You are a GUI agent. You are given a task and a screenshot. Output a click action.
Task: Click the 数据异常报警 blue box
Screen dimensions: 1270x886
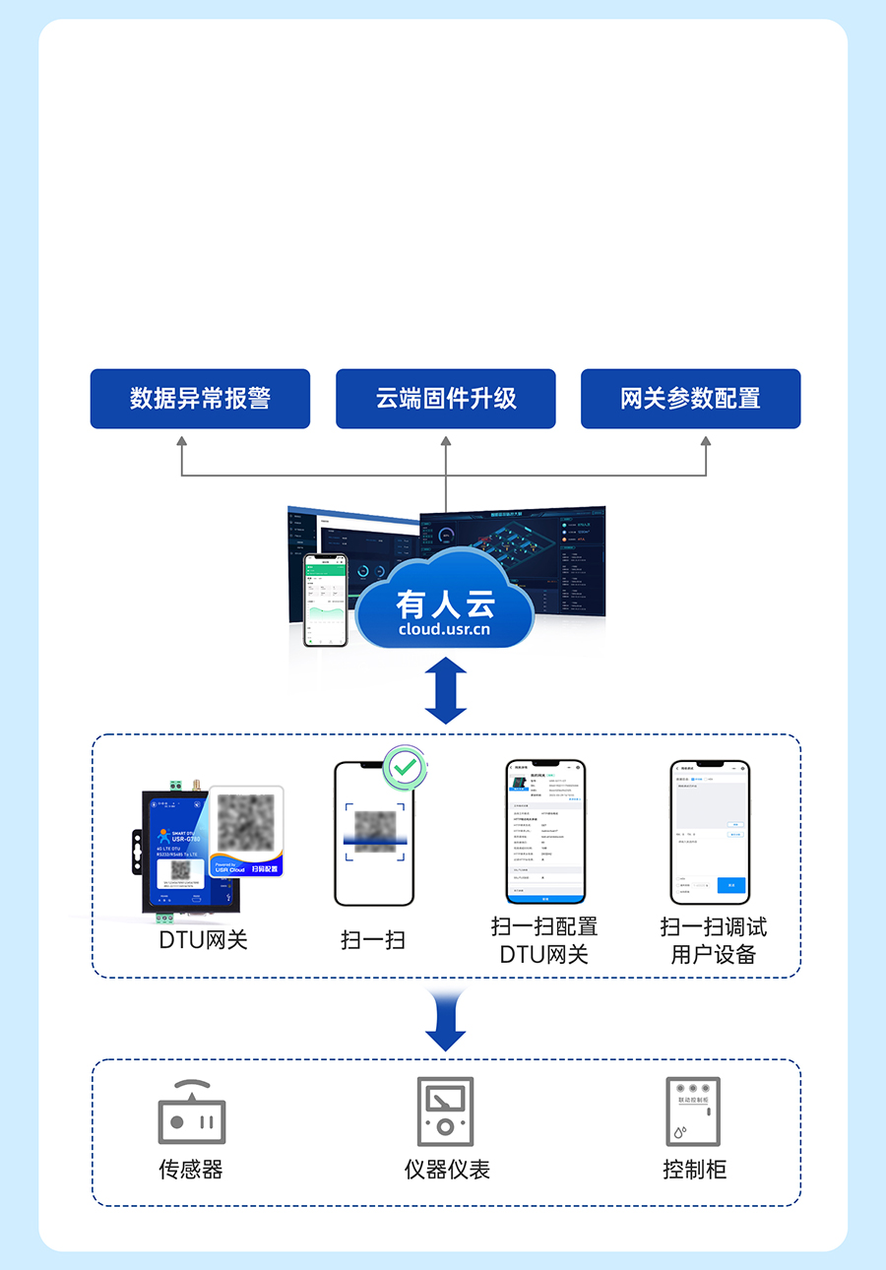click(200, 399)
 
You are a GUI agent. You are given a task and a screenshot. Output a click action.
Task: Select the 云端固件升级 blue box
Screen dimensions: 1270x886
click(446, 399)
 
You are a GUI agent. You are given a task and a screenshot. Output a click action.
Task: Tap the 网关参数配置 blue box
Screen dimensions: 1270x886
click(690, 399)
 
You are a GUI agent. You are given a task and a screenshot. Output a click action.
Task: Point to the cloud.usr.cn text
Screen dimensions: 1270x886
click(445, 629)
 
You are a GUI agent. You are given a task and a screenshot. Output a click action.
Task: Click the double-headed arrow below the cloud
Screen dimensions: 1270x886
click(446, 691)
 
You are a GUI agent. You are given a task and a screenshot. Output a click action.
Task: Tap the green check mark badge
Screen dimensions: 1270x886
click(403, 766)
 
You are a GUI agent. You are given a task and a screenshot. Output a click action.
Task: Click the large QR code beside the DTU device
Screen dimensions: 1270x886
click(245, 823)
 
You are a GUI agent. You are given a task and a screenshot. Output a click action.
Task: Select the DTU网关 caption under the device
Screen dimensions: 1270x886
click(203, 939)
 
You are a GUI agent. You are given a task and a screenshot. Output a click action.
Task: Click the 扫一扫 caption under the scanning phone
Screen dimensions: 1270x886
click(373, 940)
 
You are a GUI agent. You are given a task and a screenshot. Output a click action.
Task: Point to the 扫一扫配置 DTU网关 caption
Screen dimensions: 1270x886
click(544, 940)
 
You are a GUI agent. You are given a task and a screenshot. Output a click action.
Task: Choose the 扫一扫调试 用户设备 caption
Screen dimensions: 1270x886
click(713, 940)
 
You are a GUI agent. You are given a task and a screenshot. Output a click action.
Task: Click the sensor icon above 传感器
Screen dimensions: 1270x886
click(192, 1114)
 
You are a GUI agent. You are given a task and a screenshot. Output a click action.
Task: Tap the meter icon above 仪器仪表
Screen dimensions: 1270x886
click(446, 1111)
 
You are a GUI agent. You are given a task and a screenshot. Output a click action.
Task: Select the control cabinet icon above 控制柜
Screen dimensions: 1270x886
click(693, 1111)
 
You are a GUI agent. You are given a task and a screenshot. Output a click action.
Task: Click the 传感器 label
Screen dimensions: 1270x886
click(191, 1170)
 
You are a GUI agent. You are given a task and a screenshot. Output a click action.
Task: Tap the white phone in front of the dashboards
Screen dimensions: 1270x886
click(325, 600)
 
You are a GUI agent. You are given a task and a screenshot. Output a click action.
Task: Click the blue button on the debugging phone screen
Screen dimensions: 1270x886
click(730, 885)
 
